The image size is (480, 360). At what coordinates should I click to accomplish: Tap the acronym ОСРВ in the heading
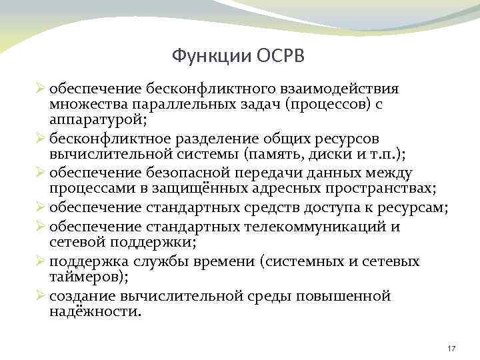tap(279, 55)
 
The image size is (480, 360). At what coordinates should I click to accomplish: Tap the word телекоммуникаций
tap(322, 226)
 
